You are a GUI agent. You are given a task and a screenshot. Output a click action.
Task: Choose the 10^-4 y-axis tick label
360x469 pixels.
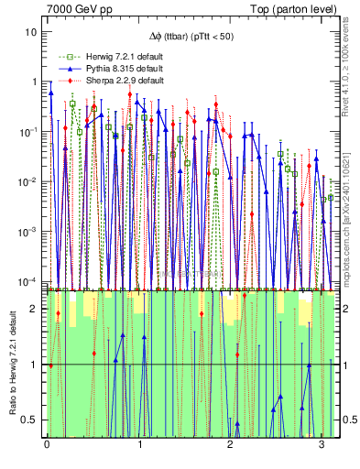pos(30,279)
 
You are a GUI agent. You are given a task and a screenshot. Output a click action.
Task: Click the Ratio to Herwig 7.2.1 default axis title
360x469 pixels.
pos(12,363)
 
